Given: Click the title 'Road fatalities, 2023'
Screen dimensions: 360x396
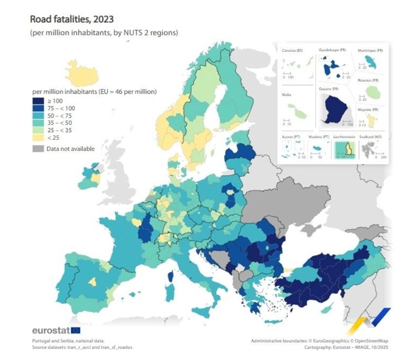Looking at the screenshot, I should point(71,20).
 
